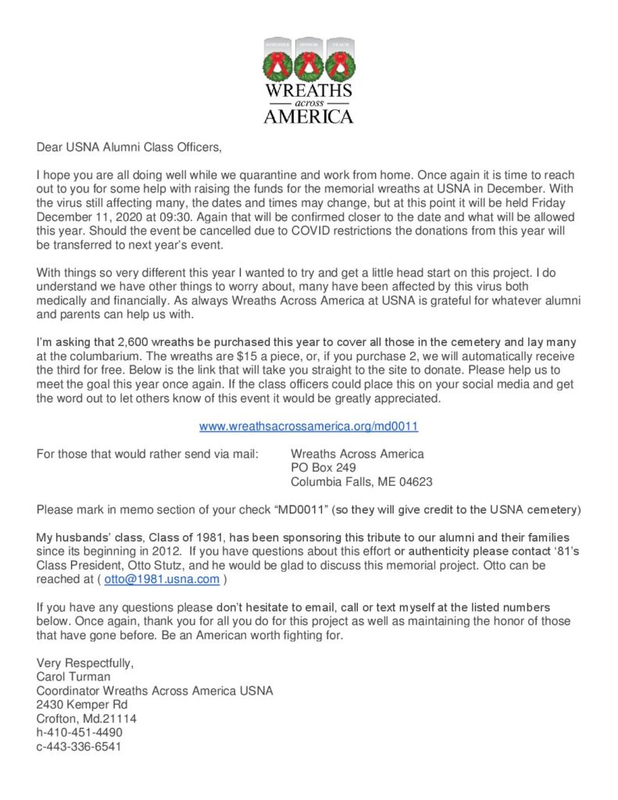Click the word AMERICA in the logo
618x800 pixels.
(x=309, y=116)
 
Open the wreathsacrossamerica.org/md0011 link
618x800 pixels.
(x=309, y=427)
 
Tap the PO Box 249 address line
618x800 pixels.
(x=323, y=468)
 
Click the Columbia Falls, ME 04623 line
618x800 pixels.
(x=361, y=482)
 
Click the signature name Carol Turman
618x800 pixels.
(x=73, y=677)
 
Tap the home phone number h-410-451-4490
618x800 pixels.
(x=79, y=732)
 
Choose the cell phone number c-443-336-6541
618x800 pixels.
(x=79, y=746)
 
